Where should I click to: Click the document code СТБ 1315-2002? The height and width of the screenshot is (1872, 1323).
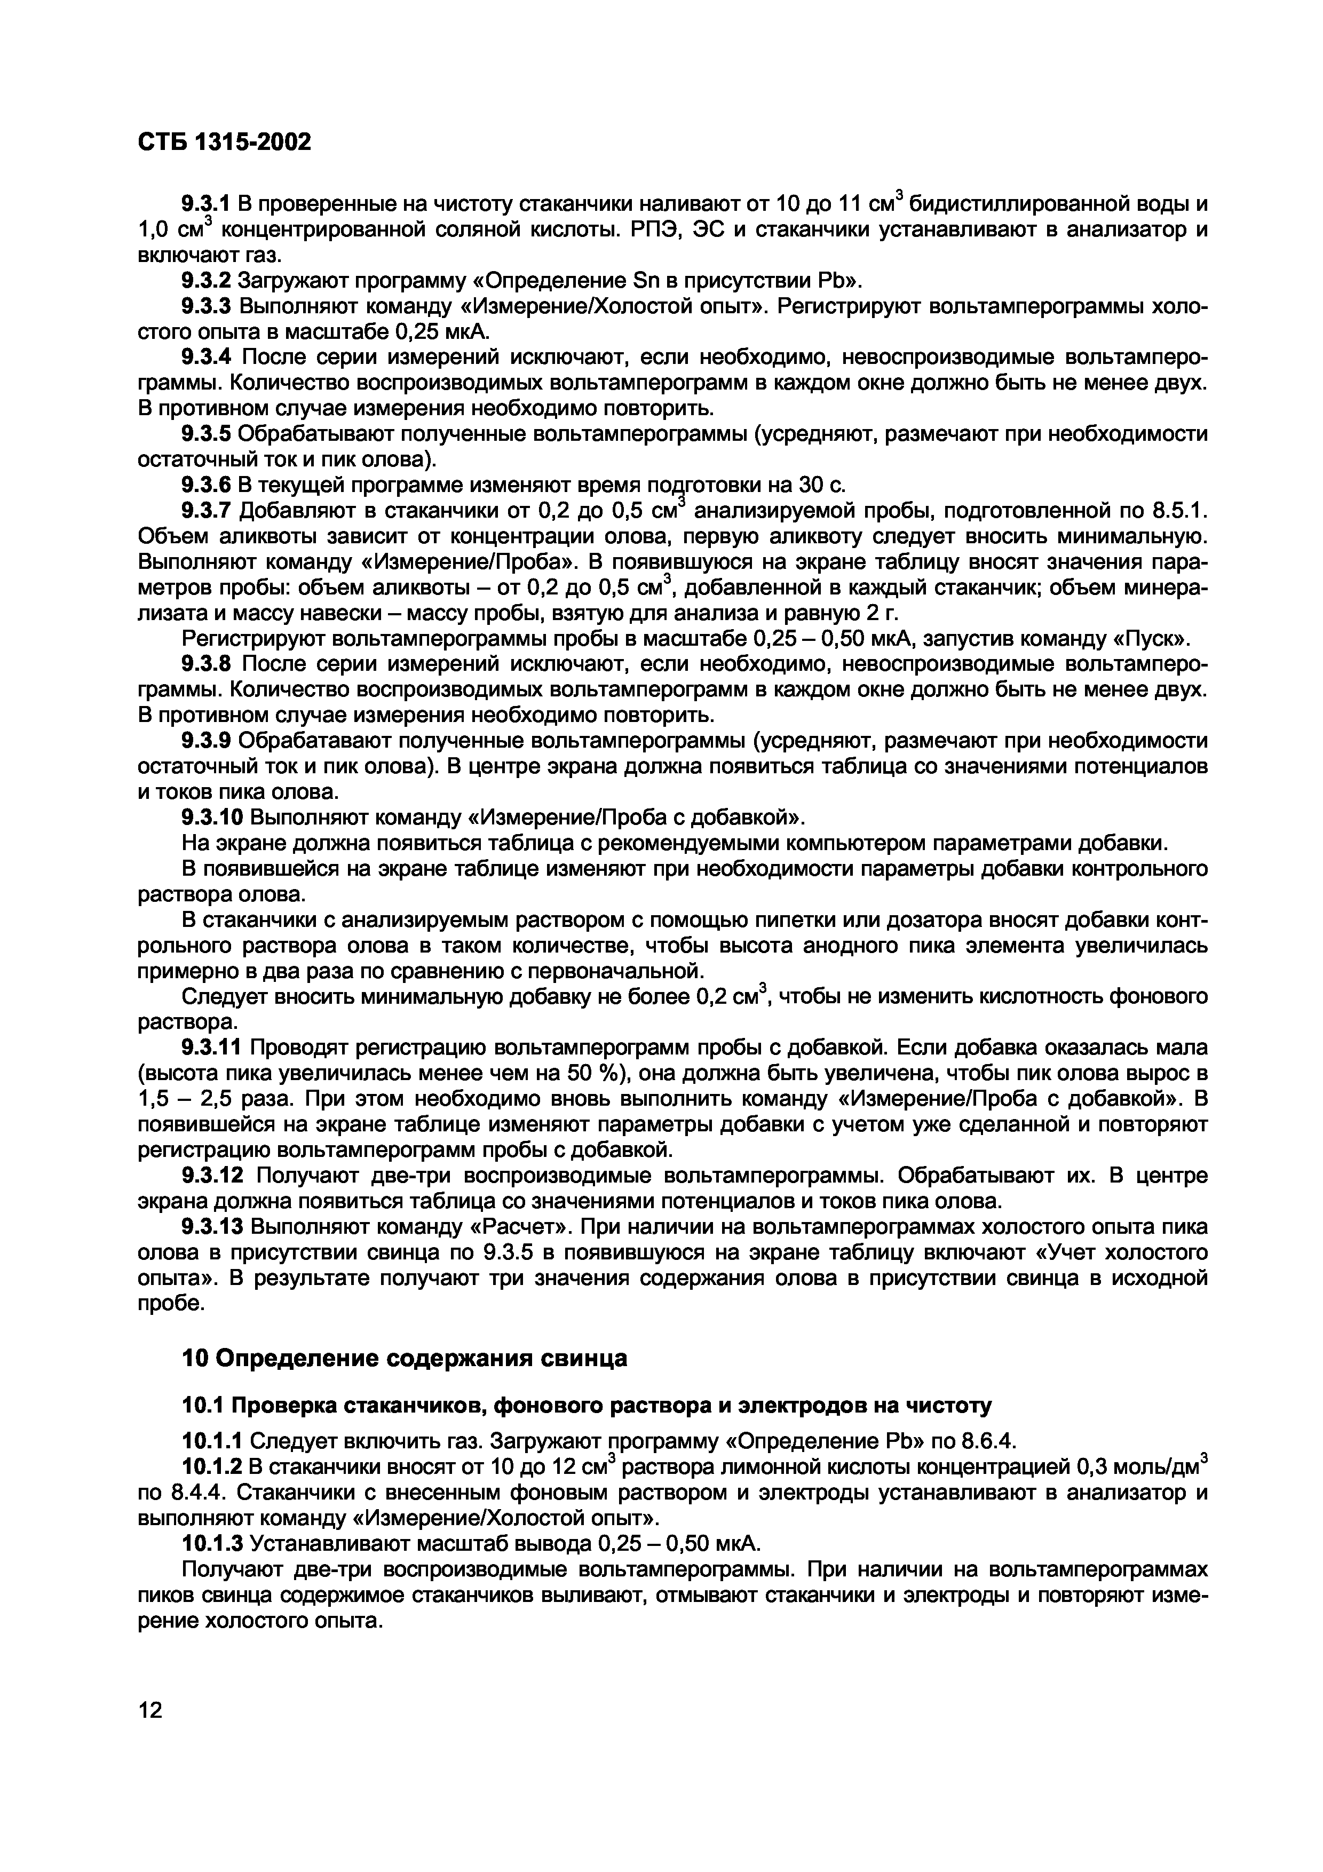click(224, 142)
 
